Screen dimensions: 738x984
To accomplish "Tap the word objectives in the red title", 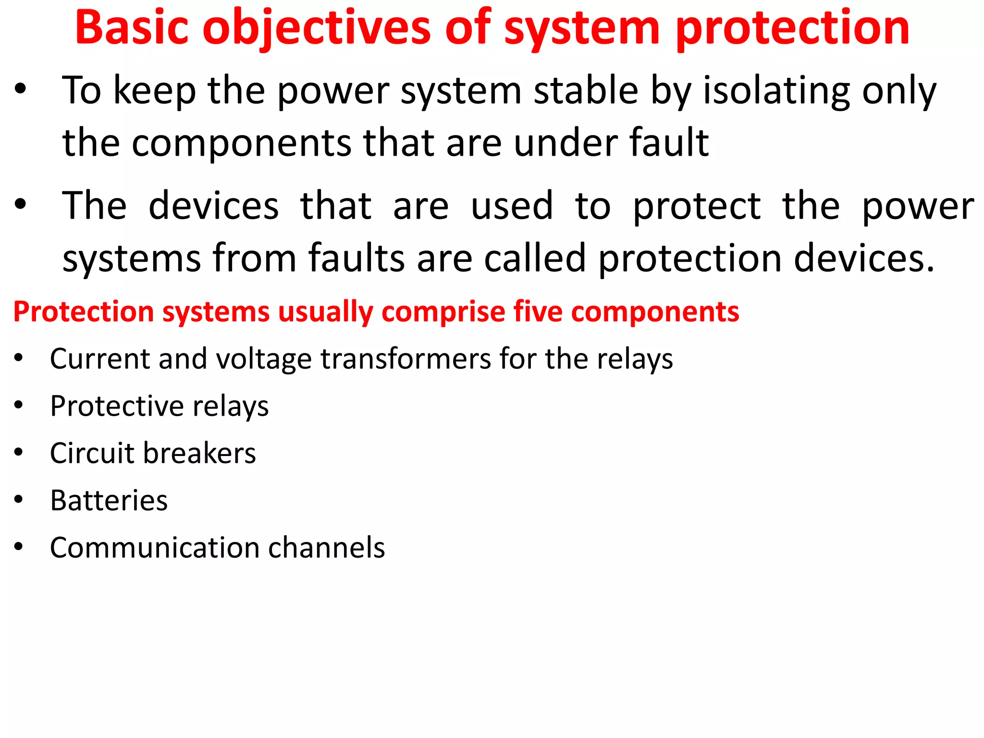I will tap(316, 29).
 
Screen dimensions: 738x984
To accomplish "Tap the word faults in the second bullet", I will tap(357, 258).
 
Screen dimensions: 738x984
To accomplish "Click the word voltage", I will tap(264, 359).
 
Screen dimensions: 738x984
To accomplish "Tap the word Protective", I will tap(117, 406).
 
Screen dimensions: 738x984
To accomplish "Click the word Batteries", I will tap(109, 500).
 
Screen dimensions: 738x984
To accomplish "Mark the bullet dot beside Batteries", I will tap(18, 500).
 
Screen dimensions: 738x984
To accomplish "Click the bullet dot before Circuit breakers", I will tap(18, 452).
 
